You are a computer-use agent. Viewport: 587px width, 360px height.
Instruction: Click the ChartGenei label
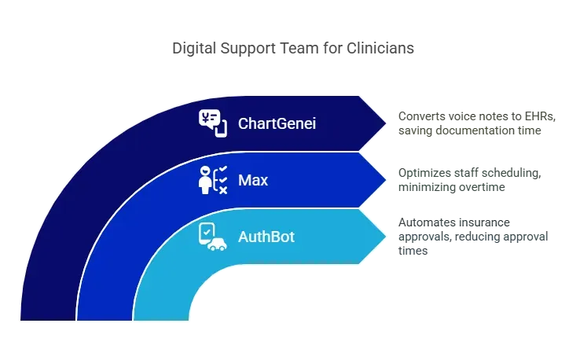[x=277, y=123]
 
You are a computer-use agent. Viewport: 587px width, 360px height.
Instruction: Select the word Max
[x=253, y=180]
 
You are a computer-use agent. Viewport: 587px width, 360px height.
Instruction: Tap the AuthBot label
[x=266, y=236]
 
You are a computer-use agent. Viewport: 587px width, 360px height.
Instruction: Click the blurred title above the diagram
[x=292, y=49]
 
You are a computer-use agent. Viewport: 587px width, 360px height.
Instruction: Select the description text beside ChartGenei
[x=477, y=123]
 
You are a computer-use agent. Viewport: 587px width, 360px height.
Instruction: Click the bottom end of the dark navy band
[x=48, y=314]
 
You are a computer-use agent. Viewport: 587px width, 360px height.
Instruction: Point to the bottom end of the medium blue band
[x=105, y=314]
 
